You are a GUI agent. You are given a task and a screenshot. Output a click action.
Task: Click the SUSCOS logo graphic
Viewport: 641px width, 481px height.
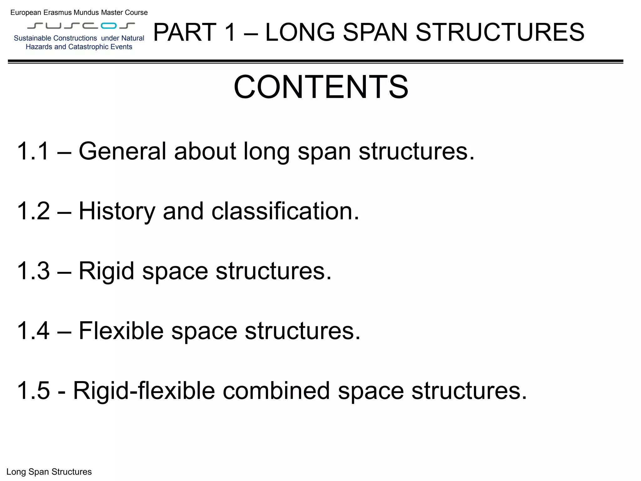pyautogui.click(x=81, y=26)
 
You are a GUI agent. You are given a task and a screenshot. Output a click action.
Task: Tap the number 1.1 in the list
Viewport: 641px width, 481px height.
pyautogui.click(x=33, y=151)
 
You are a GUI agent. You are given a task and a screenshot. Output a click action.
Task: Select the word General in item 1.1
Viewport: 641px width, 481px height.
pyautogui.click(x=122, y=151)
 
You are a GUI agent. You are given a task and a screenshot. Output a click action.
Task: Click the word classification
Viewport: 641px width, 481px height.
pyautogui.click(x=285, y=211)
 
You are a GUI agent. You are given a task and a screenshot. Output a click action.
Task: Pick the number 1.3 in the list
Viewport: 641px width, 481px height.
pyautogui.click(x=33, y=271)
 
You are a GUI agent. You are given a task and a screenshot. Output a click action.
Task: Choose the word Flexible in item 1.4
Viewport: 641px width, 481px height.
pyautogui.click(x=121, y=331)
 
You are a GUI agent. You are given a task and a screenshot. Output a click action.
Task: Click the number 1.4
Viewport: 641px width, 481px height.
pyautogui.click(x=33, y=331)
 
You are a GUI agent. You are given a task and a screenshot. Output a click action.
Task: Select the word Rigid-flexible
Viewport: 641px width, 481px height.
pyautogui.click(x=144, y=391)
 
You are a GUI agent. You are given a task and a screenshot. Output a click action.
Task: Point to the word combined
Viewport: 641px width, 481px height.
pyautogui.click(x=276, y=391)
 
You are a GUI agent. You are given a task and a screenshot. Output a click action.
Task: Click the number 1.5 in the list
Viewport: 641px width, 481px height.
pyautogui.click(x=33, y=391)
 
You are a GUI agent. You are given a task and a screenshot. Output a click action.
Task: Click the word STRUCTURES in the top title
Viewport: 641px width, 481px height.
pyautogui.click(x=500, y=32)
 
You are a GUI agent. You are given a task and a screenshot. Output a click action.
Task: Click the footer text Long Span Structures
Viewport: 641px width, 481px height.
pyautogui.click(x=49, y=472)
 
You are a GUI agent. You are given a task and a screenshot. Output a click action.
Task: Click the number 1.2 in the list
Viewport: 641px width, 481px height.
pyautogui.click(x=33, y=211)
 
